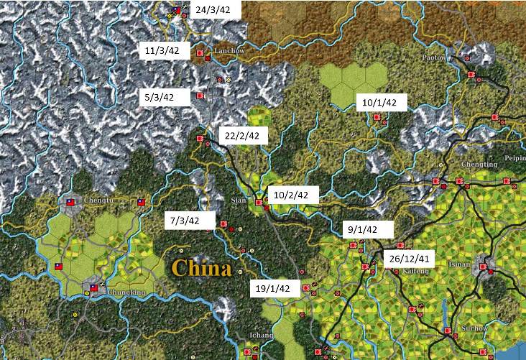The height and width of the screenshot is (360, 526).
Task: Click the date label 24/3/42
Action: click(213, 11)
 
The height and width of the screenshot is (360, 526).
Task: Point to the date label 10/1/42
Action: click(379, 103)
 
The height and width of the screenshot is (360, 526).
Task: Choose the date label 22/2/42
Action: click(241, 136)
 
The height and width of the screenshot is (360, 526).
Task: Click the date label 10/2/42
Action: click(292, 195)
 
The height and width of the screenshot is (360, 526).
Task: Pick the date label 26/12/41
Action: click(408, 259)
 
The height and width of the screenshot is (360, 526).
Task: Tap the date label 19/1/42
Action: click(272, 289)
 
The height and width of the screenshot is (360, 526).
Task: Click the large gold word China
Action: click(201, 269)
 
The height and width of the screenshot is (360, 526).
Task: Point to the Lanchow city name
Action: click(230, 52)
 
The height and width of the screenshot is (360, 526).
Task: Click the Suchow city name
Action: click(474, 328)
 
